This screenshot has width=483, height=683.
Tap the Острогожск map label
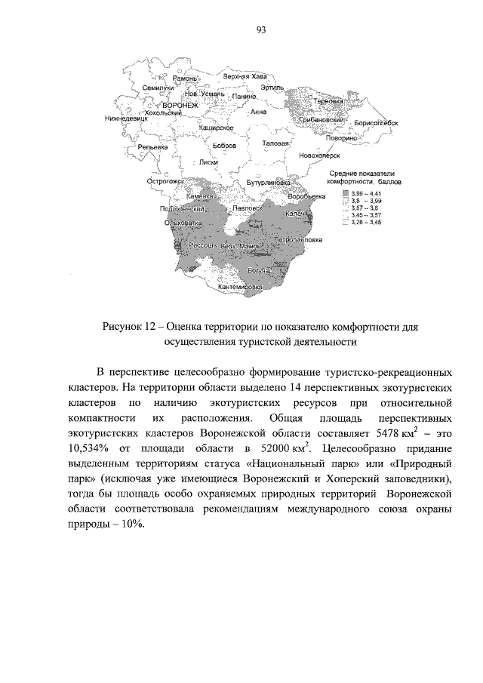click(x=166, y=182)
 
